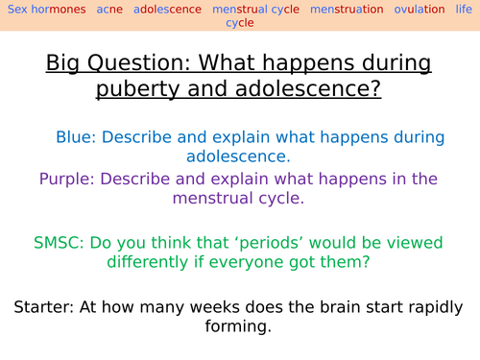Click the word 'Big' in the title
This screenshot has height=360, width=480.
pyautogui.click(x=61, y=64)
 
